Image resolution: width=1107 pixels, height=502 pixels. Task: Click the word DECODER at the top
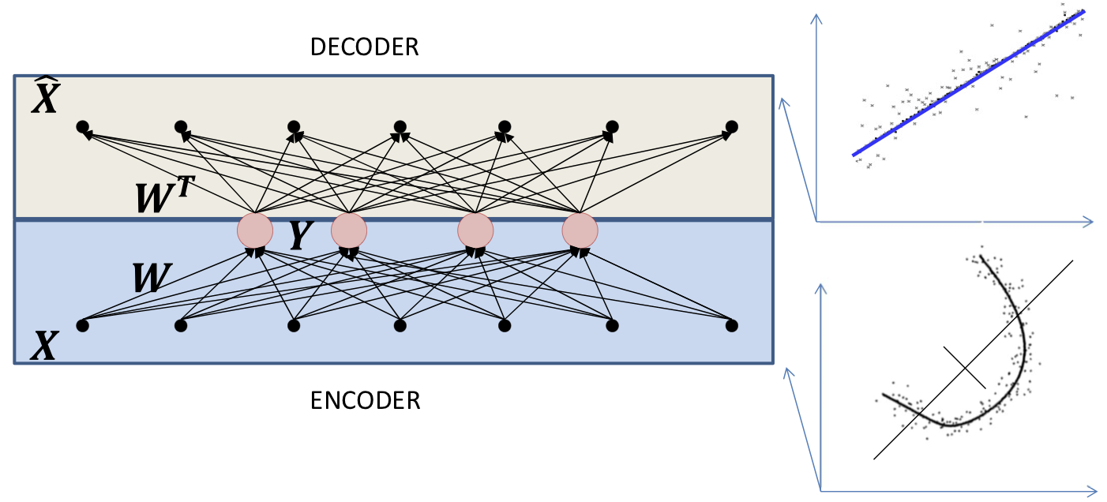(364, 47)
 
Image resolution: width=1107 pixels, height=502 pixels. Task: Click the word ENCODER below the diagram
(365, 400)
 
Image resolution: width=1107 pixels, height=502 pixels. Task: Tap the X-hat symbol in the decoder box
(45, 98)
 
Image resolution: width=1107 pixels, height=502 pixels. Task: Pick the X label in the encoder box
(45, 346)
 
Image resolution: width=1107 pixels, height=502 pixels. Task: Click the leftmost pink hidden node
(255, 230)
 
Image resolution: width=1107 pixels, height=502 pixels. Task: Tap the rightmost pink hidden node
(580, 230)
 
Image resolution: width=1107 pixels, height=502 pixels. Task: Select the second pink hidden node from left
(348, 230)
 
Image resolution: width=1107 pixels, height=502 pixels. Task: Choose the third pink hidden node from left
(475, 230)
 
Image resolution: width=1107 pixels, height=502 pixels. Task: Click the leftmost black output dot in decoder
(81, 126)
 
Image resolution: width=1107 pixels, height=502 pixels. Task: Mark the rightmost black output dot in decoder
(731, 126)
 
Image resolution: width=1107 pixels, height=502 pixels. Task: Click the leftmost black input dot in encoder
(81, 324)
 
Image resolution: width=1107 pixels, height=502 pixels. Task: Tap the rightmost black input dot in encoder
(731, 324)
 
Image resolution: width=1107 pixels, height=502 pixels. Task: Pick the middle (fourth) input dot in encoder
(400, 324)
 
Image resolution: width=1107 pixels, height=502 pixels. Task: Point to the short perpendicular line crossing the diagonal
(965, 366)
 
